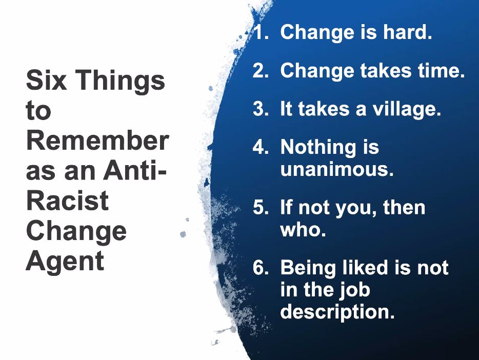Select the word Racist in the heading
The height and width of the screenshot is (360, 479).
click(67, 200)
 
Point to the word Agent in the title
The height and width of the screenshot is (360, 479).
click(65, 261)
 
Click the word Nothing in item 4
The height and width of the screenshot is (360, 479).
click(311, 148)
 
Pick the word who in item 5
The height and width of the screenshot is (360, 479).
click(303, 230)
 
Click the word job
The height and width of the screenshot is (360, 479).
click(354, 290)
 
